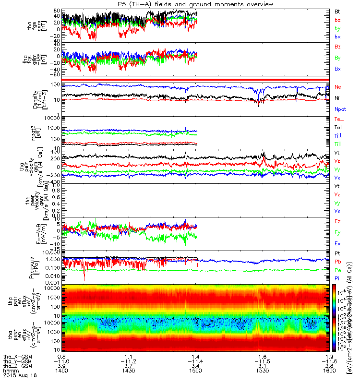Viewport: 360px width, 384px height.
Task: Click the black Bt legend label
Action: coord(337,11)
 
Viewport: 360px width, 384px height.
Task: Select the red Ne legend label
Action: coord(337,87)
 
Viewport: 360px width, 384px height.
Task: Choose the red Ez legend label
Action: coord(337,222)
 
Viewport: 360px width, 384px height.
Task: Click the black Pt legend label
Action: coord(337,253)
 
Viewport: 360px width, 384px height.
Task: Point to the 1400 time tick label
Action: coord(61,371)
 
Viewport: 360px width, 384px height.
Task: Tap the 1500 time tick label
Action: coord(194,371)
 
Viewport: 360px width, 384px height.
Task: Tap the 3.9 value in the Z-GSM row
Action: coord(61,366)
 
